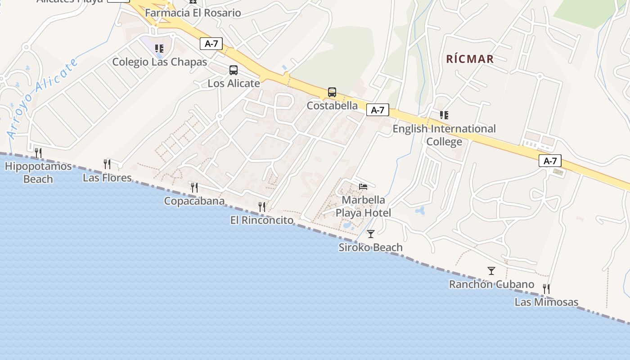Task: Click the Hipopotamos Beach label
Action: click(x=38, y=173)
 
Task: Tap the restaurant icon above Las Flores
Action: click(x=107, y=164)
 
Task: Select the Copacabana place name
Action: click(x=194, y=201)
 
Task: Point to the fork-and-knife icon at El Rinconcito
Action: click(x=262, y=207)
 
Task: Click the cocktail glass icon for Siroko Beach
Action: click(x=370, y=234)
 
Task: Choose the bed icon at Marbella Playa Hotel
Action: click(x=363, y=186)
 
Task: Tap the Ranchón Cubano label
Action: click(x=491, y=284)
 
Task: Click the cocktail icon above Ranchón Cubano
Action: click(x=491, y=271)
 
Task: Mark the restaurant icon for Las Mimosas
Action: click(x=546, y=288)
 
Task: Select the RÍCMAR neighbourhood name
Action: click(x=470, y=59)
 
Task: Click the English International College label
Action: click(x=444, y=135)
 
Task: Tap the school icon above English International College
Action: click(x=444, y=115)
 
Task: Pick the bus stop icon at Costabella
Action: click(x=332, y=92)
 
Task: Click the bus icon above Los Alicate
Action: click(x=234, y=70)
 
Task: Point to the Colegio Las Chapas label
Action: click(x=159, y=62)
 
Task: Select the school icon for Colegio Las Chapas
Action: click(x=159, y=48)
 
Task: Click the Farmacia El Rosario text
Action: click(x=193, y=13)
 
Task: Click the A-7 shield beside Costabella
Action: click(x=378, y=110)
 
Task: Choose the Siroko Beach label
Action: click(x=370, y=247)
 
